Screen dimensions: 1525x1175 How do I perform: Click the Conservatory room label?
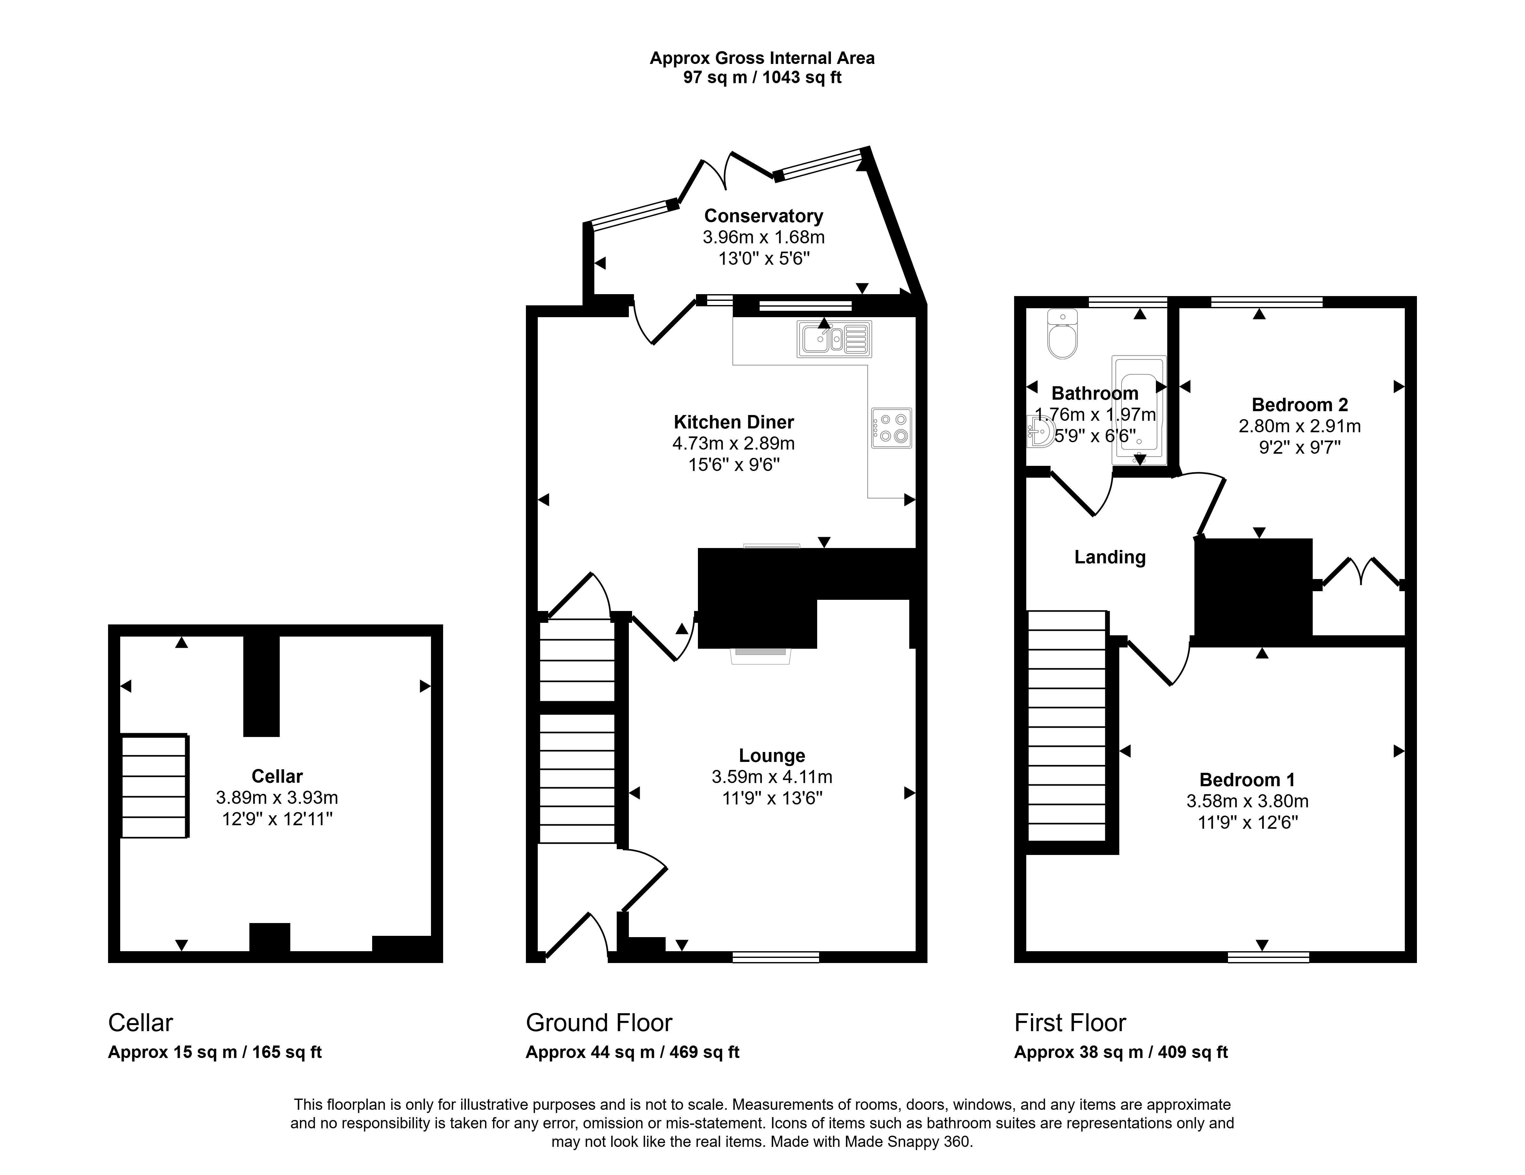[x=763, y=216]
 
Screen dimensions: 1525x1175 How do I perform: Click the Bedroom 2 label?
[x=1300, y=404]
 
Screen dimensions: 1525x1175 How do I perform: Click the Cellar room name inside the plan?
[x=277, y=776]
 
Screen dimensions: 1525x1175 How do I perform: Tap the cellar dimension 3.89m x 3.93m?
[x=277, y=797]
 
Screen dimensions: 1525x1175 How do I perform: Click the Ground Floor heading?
[x=598, y=1023]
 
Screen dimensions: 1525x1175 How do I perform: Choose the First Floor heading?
[x=1070, y=1023]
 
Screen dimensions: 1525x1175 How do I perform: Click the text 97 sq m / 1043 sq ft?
[x=762, y=77]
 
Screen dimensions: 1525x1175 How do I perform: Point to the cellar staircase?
[x=154, y=786]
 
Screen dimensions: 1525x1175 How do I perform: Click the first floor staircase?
[x=1067, y=726]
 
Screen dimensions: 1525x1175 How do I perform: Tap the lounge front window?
[x=776, y=957]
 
